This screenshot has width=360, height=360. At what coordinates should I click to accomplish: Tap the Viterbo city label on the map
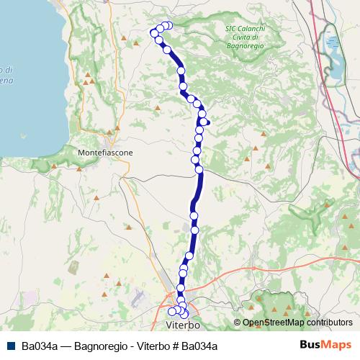[181, 327]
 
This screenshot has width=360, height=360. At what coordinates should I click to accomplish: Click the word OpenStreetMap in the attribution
[272, 323]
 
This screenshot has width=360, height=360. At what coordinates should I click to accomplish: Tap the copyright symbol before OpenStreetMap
[237, 323]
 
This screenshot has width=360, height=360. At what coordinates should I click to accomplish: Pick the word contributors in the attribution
[329, 323]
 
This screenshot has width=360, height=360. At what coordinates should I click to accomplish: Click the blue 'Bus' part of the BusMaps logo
[310, 345]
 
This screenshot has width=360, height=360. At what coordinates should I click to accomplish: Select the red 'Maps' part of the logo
[336, 345]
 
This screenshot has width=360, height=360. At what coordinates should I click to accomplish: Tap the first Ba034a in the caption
[40, 346]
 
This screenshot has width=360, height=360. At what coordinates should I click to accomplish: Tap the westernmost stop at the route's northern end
[154, 33]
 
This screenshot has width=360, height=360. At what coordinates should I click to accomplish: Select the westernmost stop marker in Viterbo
[172, 311]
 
